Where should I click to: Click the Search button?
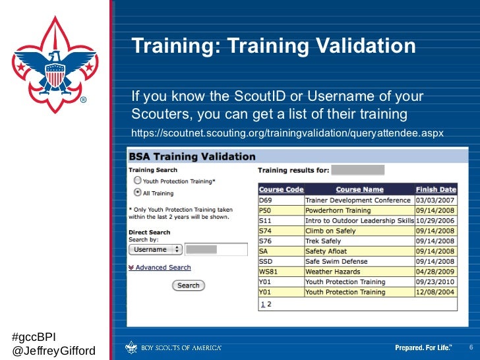coord(189,285)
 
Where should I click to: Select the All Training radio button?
coord(137,193)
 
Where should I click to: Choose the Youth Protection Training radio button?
coord(137,180)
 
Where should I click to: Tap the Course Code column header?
coord(281,189)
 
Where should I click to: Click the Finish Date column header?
coord(436,189)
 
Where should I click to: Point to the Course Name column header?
coord(359,189)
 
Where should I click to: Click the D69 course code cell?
coord(265,200)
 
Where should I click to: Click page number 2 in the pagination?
coord(270,304)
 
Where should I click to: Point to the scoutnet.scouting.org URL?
coord(287,133)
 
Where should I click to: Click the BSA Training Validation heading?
coord(192,157)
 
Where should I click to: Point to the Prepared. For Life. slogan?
coord(423,347)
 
